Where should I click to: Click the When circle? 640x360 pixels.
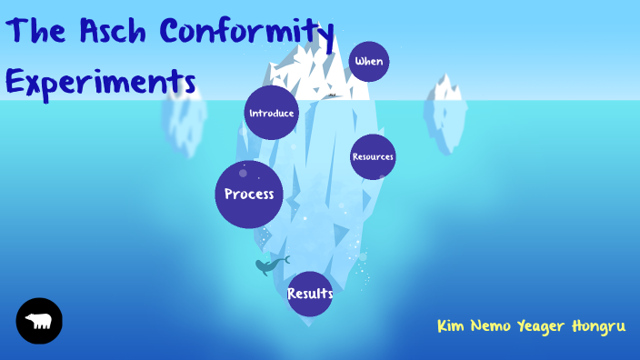click(x=369, y=62)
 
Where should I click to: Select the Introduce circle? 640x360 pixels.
click(x=271, y=113)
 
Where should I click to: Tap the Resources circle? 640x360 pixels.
click(x=373, y=156)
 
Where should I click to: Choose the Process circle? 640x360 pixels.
click(x=249, y=194)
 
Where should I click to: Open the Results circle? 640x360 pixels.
click(x=310, y=294)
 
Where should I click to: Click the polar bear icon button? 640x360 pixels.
click(x=39, y=321)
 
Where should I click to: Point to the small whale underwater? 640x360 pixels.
click(x=269, y=265)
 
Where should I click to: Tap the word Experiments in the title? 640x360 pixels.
click(x=100, y=82)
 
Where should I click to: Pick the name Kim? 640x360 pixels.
click(x=452, y=325)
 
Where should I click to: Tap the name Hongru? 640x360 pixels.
click(x=599, y=326)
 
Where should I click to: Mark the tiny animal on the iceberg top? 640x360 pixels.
click(x=334, y=94)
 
